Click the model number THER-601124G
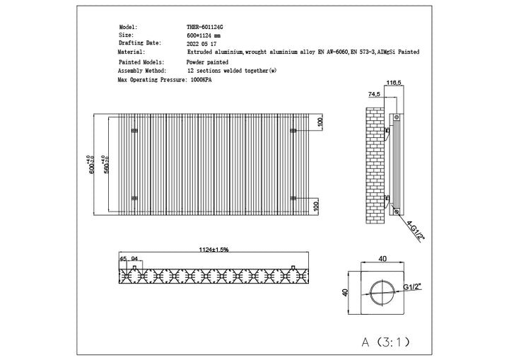click(205, 27)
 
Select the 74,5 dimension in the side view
click(374, 94)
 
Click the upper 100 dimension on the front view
click(320, 122)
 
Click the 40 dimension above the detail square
click(382, 260)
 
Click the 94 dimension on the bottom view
click(134, 259)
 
